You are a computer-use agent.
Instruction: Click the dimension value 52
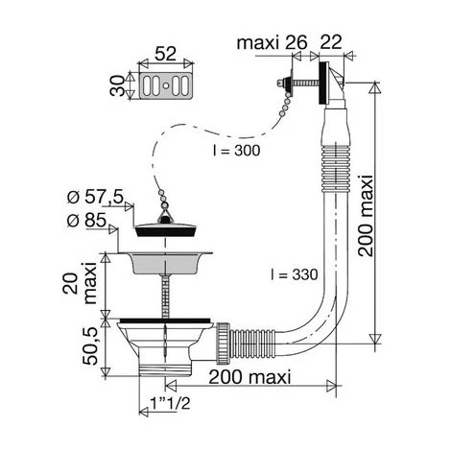(x=165, y=54)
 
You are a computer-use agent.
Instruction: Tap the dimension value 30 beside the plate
(x=117, y=85)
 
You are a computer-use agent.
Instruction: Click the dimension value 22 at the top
(x=331, y=41)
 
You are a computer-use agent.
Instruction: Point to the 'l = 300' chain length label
(x=237, y=151)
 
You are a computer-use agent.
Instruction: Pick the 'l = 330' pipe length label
(x=295, y=274)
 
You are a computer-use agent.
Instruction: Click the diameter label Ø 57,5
(x=95, y=197)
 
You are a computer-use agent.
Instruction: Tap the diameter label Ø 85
(x=86, y=220)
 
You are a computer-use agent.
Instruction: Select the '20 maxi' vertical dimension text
(x=79, y=283)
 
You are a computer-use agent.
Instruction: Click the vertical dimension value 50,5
(x=90, y=346)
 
